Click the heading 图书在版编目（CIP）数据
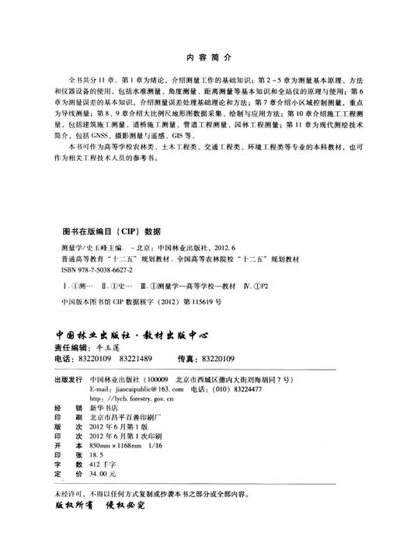[x=111, y=231]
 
